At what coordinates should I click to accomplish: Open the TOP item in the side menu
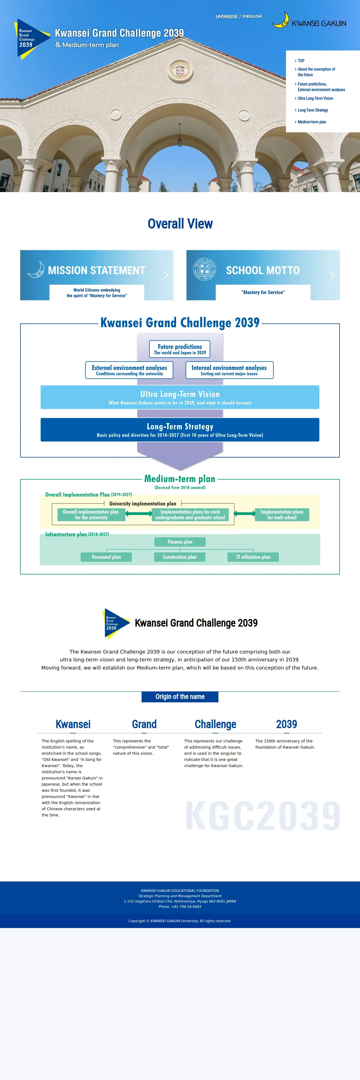(301, 61)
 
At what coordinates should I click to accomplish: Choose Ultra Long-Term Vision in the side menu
(315, 98)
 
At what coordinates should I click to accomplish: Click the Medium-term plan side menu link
(311, 122)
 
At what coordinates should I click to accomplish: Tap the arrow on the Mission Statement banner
(166, 275)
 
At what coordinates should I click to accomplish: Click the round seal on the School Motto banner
(204, 269)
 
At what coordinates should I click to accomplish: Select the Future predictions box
(180, 349)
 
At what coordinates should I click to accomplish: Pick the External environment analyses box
(129, 370)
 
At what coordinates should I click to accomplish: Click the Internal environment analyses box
(229, 370)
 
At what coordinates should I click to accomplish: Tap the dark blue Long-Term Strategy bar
(180, 430)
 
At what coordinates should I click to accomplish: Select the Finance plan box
(180, 542)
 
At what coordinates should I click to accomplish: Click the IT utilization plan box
(253, 557)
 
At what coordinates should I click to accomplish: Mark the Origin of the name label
(180, 696)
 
